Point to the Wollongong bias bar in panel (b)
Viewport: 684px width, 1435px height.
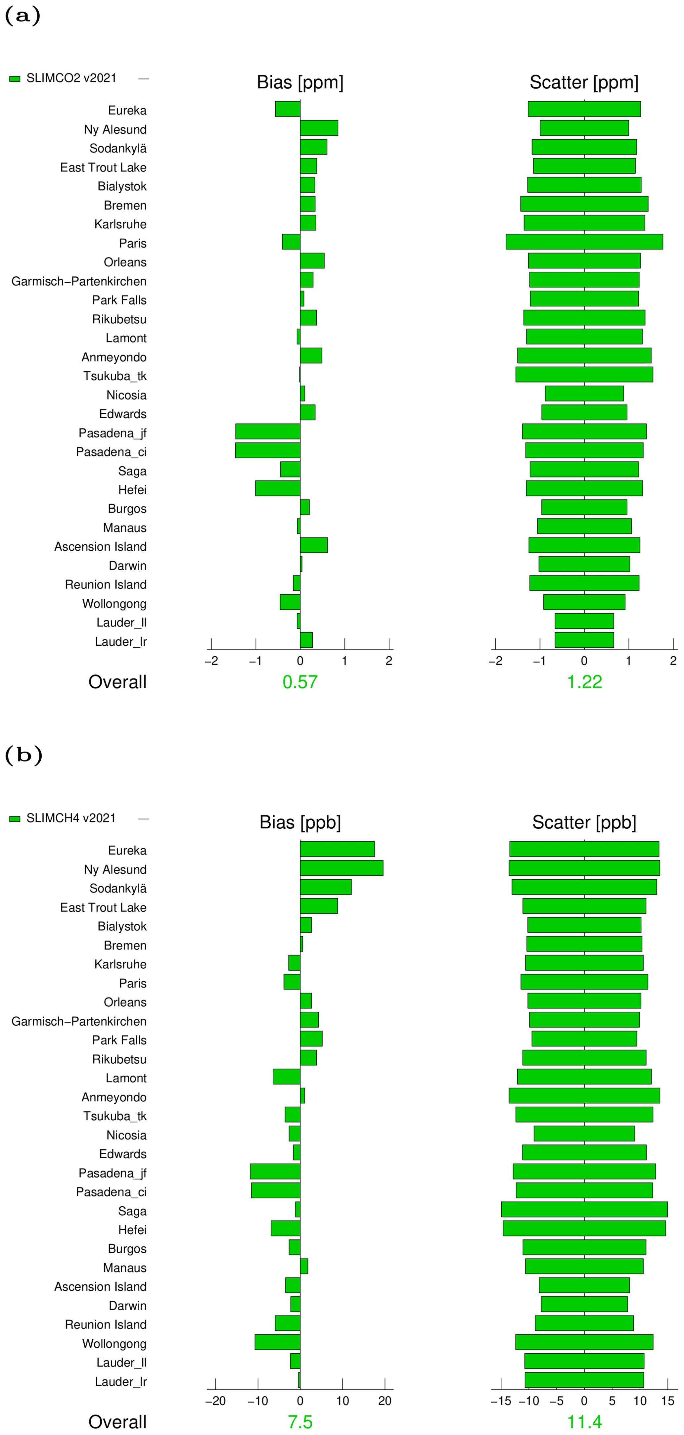click(x=277, y=1342)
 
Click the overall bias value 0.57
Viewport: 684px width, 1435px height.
click(x=300, y=682)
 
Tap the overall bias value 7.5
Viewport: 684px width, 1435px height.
click(x=300, y=1422)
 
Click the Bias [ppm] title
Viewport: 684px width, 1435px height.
click(x=300, y=82)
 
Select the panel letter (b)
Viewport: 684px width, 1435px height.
click(x=23, y=755)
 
